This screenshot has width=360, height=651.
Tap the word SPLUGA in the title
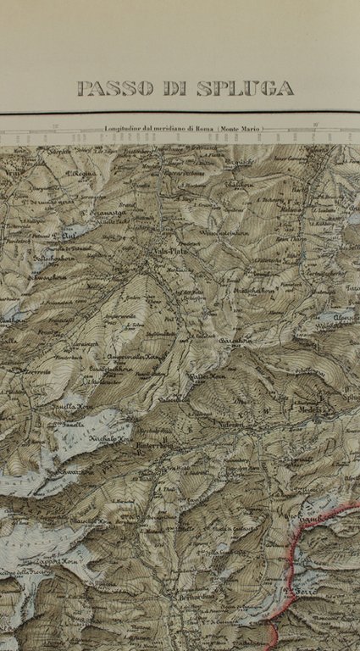click(246, 88)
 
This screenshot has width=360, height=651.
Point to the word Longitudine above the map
click(128, 129)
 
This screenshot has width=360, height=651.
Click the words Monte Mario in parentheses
click(241, 129)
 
